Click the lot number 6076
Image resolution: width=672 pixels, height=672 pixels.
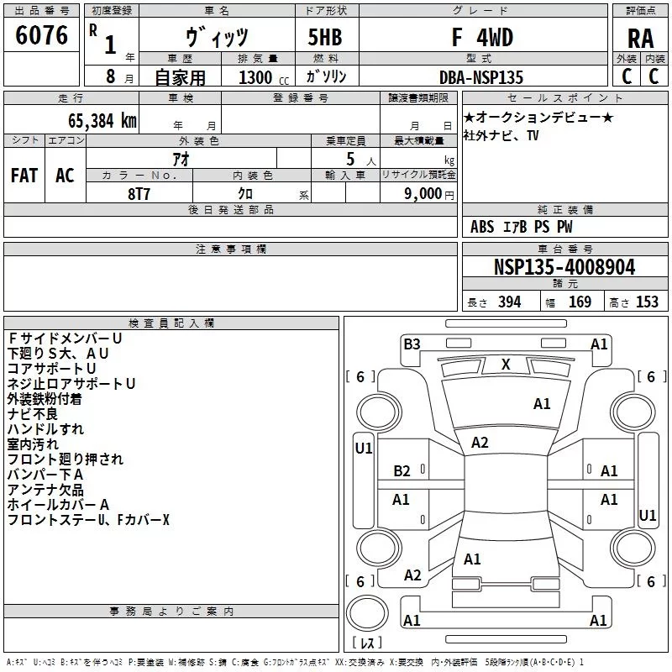pyautogui.click(x=41, y=35)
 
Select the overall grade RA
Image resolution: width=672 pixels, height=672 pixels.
pyautogui.click(x=640, y=39)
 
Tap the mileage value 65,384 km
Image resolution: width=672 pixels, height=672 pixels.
pyautogui.click(x=102, y=121)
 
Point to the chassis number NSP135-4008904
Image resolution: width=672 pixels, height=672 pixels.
pyautogui.click(x=564, y=267)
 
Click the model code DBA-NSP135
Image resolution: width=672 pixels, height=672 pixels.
pyautogui.click(x=481, y=77)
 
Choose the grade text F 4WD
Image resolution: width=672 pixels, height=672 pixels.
pyautogui.click(x=482, y=37)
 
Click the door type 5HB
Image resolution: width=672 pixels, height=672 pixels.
pyautogui.click(x=325, y=37)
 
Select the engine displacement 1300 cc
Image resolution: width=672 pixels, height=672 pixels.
pyautogui.click(x=264, y=77)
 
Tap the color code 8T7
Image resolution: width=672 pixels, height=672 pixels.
pyautogui.click(x=139, y=194)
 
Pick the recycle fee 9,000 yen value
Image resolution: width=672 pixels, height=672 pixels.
pyautogui.click(x=428, y=194)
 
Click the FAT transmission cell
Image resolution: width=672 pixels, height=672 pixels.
pyautogui.click(x=24, y=176)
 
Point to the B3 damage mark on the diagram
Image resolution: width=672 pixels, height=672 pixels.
pyautogui.click(x=412, y=344)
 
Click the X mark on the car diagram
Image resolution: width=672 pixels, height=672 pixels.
pyautogui.click(x=506, y=365)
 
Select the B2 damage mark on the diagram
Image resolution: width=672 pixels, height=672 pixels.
pyautogui.click(x=402, y=471)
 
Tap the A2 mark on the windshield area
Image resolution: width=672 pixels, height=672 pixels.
pyautogui.click(x=480, y=443)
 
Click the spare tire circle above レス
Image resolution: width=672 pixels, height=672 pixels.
pyautogui.click(x=367, y=613)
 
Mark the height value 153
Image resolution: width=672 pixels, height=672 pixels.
pyautogui.click(x=647, y=302)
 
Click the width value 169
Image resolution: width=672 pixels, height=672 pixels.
pyautogui.click(x=580, y=302)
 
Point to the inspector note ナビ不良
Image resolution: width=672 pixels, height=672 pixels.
pyautogui.click(x=32, y=414)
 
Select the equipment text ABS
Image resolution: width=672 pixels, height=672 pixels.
pyautogui.click(x=482, y=227)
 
